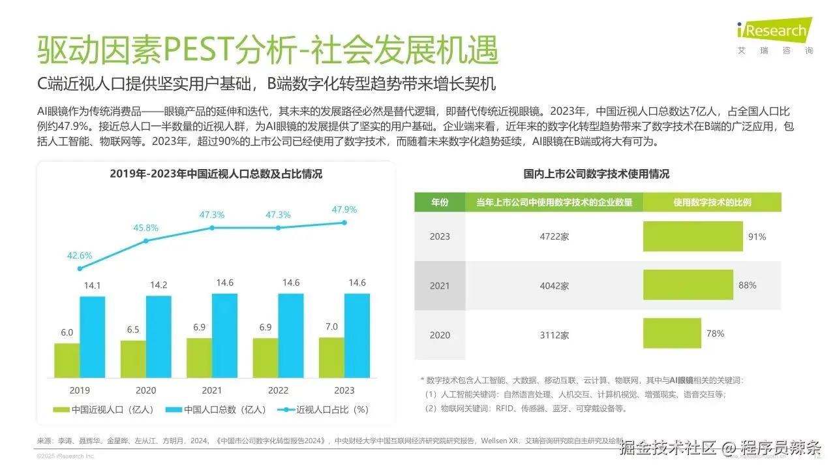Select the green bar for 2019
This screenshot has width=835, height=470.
tap(67, 361)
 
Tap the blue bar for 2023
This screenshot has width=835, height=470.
tap(357, 336)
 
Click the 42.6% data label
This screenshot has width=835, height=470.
tap(80, 255)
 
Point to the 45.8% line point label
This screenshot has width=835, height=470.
tap(145, 228)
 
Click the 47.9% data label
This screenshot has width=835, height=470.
tap(344, 210)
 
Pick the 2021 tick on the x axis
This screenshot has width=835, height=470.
tap(212, 390)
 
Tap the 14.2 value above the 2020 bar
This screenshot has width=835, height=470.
tap(159, 285)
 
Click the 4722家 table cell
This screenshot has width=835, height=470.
tap(554, 236)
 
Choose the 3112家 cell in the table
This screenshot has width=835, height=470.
tap(554, 335)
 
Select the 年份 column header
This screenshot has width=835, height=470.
tap(440, 202)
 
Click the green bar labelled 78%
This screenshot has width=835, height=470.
tap(672, 334)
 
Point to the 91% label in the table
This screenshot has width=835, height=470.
tap(757, 237)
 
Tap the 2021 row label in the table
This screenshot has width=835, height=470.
tap(440, 286)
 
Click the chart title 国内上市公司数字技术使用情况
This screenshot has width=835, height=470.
tap(596, 174)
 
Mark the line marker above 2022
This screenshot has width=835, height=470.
tap(279, 228)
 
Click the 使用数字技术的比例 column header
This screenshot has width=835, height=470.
tap(712, 202)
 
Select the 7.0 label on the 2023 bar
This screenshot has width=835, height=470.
tap(331, 326)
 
